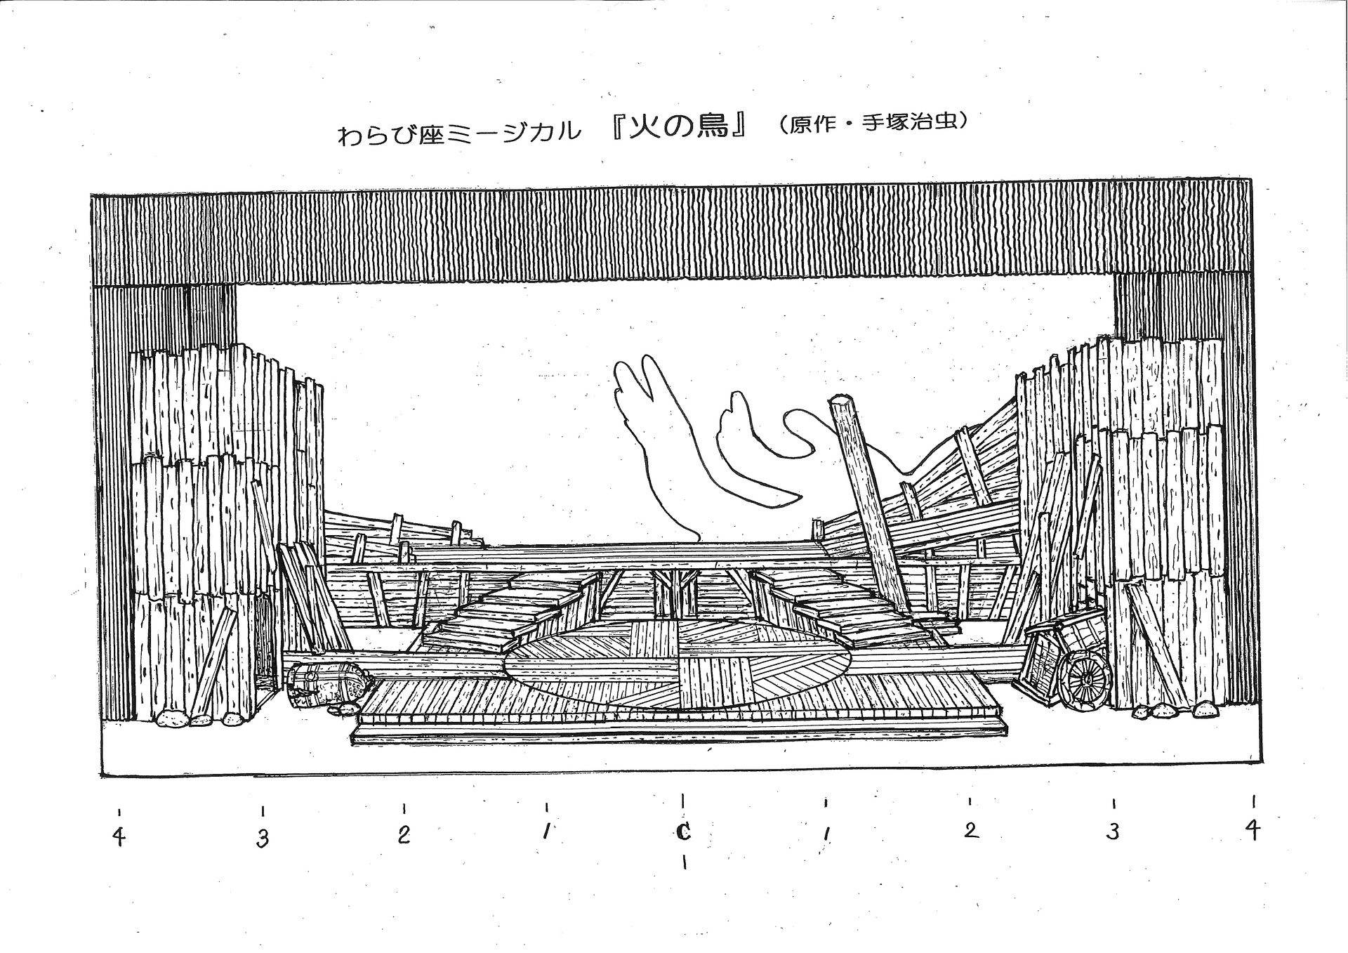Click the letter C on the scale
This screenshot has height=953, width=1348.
(x=682, y=832)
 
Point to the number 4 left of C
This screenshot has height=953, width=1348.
(x=120, y=837)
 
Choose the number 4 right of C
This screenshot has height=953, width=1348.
(x=1253, y=830)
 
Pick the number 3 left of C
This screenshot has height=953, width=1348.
(x=263, y=839)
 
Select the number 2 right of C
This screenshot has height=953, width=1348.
(x=971, y=830)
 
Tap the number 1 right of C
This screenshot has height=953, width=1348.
(x=827, y=834)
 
